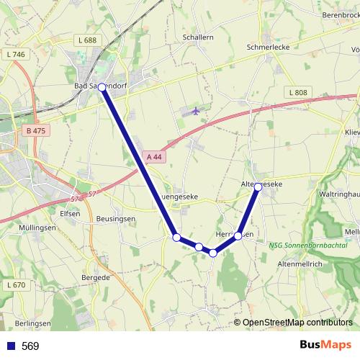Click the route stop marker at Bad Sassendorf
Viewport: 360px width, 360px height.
point(102,87)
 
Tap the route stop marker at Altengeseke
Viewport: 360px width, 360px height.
point(258,186)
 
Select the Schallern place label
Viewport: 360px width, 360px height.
point(198,37)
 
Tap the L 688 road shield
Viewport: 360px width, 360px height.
point(89,40)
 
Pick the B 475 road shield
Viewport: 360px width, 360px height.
point(35,131)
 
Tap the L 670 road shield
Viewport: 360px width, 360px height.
point(14,285)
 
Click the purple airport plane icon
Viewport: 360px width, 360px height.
point(196,111)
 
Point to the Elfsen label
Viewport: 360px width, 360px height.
point(70,213)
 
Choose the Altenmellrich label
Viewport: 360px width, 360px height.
point(300,264)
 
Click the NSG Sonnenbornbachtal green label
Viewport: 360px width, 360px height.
point(313,246)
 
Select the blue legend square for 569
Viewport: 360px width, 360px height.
point(10,346)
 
